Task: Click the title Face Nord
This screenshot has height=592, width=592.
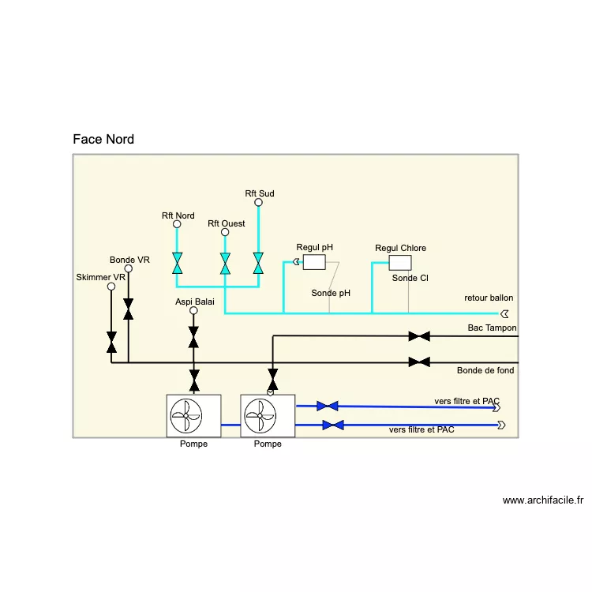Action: pos(103,140)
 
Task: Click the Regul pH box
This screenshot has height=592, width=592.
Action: pos(315,263)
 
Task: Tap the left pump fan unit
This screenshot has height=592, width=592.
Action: pos(193,415)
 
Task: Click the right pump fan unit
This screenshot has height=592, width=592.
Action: pos(268,415)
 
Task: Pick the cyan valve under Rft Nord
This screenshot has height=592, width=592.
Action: pos(178,264)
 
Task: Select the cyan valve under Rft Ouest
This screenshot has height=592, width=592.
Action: pos(225,264)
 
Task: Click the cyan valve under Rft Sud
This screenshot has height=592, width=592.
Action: pos(258,264)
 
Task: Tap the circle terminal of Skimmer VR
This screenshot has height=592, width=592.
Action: pos(111,287)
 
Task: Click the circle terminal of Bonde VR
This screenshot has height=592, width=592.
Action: pos(129,268)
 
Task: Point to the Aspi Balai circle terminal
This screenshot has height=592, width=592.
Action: pos(194,310)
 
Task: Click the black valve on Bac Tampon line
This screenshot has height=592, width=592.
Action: pos(419,336)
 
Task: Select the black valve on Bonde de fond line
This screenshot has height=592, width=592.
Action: pos(419,362)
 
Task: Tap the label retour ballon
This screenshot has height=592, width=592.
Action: pos(489,298)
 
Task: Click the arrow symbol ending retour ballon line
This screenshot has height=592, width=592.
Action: pos(504,313)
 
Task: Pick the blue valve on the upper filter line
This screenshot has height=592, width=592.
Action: pos(327,406)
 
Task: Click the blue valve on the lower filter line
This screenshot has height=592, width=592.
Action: pos(333,425)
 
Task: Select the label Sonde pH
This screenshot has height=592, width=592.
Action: pos(331,293)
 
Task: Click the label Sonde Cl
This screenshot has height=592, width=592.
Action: pos(410,278)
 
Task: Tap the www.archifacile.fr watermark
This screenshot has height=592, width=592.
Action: pos(542,500)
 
